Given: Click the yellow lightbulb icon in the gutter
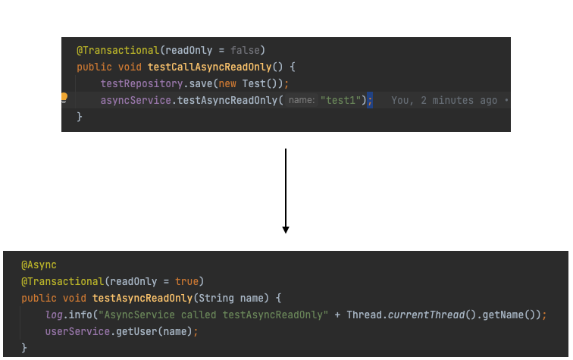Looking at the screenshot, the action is (x=64, y=98).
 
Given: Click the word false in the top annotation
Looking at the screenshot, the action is (x=245, y=50).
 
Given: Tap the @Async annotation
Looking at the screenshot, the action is (x=39, y=265).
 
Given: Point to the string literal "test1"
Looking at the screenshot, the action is (x=341, y=100).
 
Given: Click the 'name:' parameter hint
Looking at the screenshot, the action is (x=302, y=100).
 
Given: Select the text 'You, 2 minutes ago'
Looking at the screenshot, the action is (x=444, y=100).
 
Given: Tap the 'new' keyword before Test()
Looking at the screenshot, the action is (x=227, y=83).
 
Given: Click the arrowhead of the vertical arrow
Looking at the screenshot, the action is (x=286, y=229).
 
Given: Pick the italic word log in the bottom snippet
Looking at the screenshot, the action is (x=54, y=315).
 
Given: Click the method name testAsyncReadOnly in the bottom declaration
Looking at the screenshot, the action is (x=142, y=298).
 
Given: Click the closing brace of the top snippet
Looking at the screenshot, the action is (x=80, y=117).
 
